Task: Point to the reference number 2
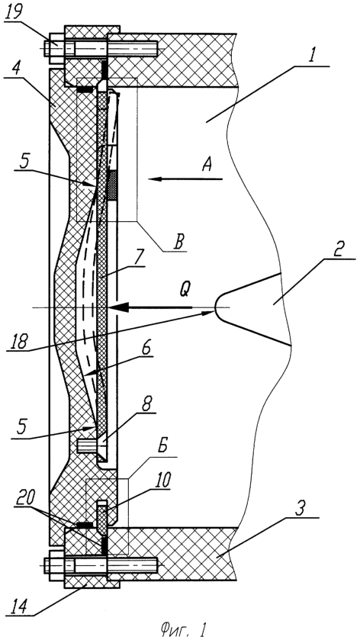339,249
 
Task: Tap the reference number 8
143,405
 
